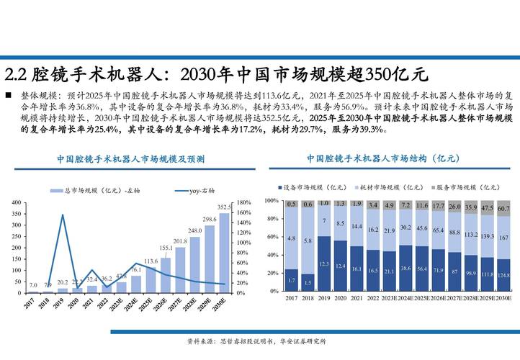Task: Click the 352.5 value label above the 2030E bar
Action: click(x=225, y=207)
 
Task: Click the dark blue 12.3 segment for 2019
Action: click(x=324, y=264)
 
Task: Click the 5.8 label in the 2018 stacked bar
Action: click(x=308, y=241)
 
